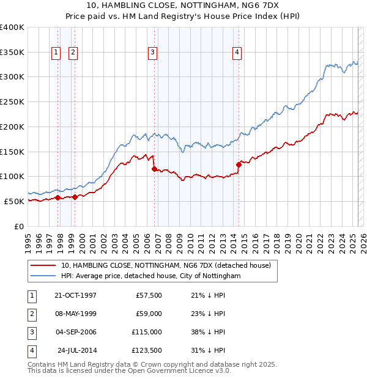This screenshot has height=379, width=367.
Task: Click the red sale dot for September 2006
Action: pyautogui.click(x=154, y=169)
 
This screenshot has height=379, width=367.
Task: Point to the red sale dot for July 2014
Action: pyautogui.click(x=239, y=164)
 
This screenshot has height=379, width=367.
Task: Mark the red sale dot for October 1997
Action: pyautogui.click(x=58, y=197)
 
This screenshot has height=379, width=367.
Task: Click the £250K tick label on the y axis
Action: pyautogui.click(x=12, y=102)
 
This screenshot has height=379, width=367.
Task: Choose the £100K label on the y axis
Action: pyautogui.click(x=12, y=177)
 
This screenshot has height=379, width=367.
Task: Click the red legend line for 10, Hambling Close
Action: pyautogui.click(x=43, y=265)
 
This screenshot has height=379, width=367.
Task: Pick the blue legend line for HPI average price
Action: pyautogui.click(x=43, y=276)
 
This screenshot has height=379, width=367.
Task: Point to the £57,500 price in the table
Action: pyautogui.click(x=148, y=295)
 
